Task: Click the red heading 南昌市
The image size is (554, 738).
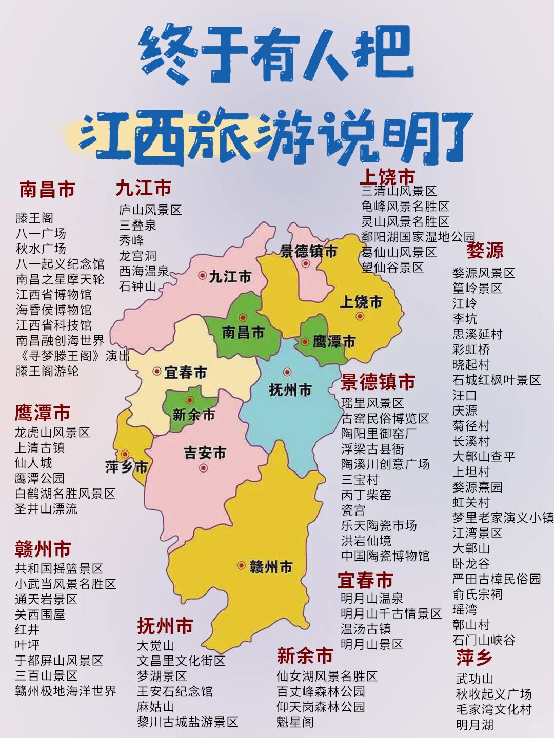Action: (x=47, y=189)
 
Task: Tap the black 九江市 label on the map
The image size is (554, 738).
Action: (x=230, y=277)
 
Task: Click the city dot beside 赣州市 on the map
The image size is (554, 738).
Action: (x=241, y=565)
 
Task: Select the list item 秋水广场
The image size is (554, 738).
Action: (x=41, y=249)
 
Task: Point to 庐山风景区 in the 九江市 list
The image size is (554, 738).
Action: (x=150, y=210)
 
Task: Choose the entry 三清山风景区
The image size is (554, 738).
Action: (x=399, y=191)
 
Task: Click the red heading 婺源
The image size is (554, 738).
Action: (x=485, y=250)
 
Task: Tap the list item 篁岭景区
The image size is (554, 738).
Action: (x=477, y=289)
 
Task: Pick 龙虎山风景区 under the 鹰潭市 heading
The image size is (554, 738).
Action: (x=52, y=433)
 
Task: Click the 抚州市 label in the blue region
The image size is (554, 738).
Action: (x=290, y=390)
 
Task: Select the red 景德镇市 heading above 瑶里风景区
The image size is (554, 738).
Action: (x=378, y=382)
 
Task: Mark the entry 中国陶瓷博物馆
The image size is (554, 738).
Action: (x=385, y=556)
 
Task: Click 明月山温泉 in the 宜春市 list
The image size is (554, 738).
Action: (x=372, y=599)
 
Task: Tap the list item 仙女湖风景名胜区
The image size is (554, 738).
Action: (x=327, y=676)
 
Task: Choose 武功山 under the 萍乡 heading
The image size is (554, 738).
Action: (x=474, y=679)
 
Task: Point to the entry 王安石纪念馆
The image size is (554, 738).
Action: (x=174, y=692)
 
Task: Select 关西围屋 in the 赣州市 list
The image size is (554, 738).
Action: (x=40, y=614)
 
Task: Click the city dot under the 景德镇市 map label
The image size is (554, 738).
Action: (x=306, y=263)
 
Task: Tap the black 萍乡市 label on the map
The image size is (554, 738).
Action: (x=127, y=467)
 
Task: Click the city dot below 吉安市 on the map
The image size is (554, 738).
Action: (x=204, y=467)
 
